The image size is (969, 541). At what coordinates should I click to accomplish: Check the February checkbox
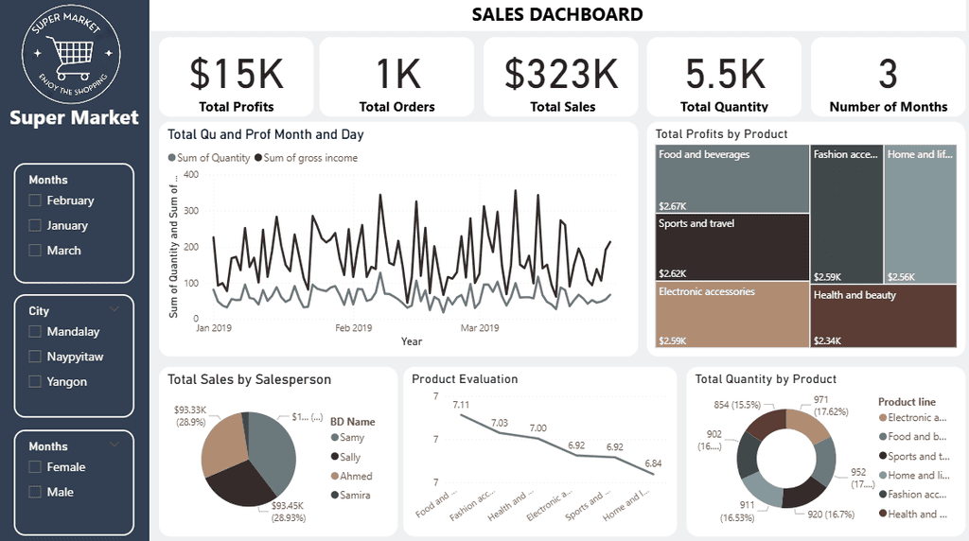click(x=36, y=201)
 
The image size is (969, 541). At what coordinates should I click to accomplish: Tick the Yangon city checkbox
click(x=36, y=382)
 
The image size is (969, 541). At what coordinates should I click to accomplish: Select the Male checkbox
click(x=36, y=492)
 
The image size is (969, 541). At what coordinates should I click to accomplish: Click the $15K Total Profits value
click(x=237, y=74)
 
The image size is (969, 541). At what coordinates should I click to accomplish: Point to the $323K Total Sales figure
click(x=562, y=74)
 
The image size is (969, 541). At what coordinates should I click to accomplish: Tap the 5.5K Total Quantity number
click(x=725, y=74)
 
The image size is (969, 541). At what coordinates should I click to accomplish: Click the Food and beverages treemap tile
click(x=731, y=179)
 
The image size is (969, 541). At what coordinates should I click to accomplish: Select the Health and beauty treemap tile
click(x=884, y=316)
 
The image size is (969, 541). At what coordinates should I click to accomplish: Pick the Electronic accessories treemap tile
click(x=731, y=316)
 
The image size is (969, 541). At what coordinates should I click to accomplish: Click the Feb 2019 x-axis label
click(x=354, y=328)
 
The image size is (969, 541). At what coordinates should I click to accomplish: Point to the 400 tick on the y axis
click(x=190, y=174)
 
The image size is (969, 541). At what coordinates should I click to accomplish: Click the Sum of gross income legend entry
click(x=310, y=158)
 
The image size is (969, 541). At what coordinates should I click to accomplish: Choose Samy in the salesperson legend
click(x=351, y=438)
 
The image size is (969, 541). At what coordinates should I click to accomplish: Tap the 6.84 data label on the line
click(x=653, y=462)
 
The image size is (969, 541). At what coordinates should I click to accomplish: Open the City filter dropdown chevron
click(x=115, y=309)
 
